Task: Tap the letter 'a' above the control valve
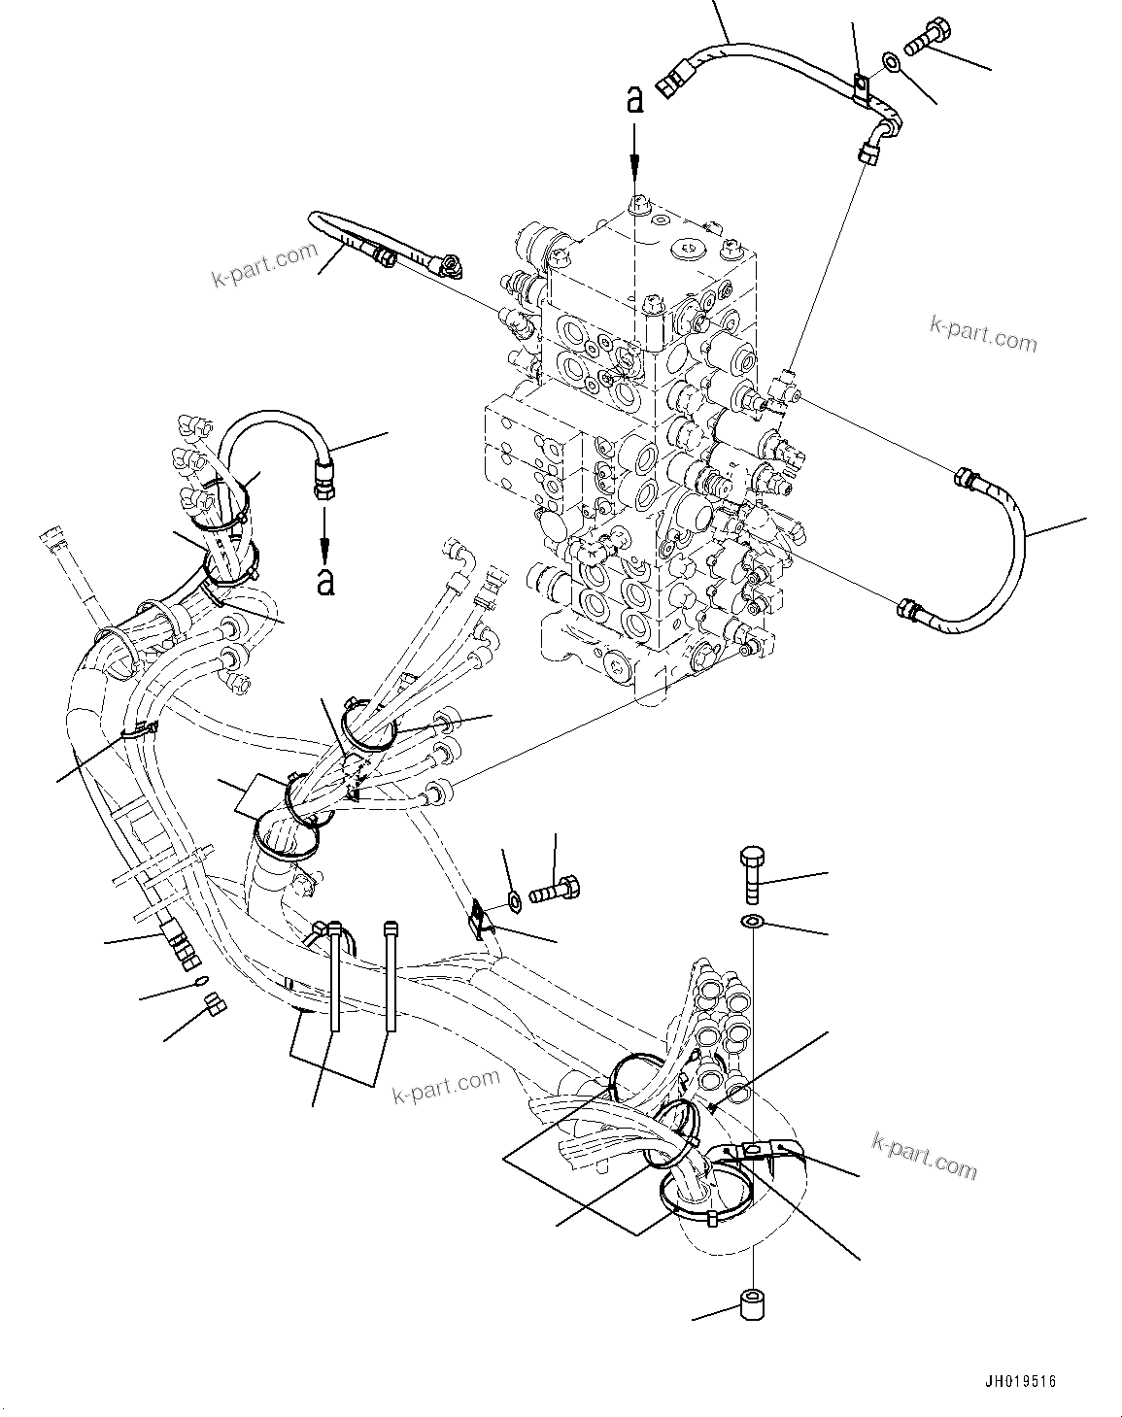(x=634, y=100)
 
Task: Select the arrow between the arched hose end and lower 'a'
(x=325, y=529)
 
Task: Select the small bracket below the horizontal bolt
(x=481, y=919)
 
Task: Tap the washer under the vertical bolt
(x=754, y=920)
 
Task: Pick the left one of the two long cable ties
(x=334, y=976)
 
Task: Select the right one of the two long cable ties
(x=391, y=976)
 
